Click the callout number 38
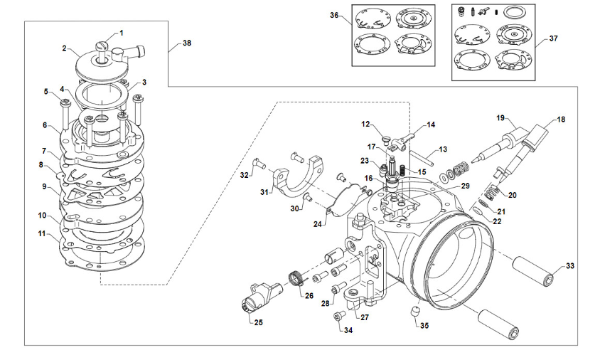pyautogui.click(x=186, y=43)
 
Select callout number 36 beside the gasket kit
pyautogui.click(x=335, y=16)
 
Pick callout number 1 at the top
pyautogui.click(x=121, y=33)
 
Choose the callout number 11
pyautogui.click(x=42, y=233)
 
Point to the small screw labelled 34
pyautogui.click(x=337, y=314)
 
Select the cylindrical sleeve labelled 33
pyautogui.click(x=534, y=268)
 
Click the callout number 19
pyautogui.click(x=500, y=117)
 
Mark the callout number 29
pyautogui.click(x=466, y=186)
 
